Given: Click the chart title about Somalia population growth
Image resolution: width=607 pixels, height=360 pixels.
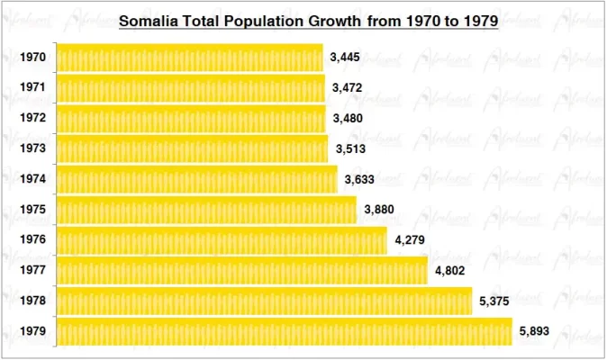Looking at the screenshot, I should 309,21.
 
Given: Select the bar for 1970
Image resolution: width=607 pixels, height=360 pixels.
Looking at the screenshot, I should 190,58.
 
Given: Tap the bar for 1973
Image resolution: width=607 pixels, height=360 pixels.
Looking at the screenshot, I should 193,149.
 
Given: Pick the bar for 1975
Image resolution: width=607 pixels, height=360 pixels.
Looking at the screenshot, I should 206,211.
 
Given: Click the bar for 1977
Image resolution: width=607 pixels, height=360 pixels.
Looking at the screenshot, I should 242,271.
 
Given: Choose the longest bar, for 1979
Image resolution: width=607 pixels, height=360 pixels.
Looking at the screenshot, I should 285,332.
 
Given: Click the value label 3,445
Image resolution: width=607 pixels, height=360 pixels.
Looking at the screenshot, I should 346,58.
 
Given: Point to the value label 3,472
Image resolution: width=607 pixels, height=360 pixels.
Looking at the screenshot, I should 348,88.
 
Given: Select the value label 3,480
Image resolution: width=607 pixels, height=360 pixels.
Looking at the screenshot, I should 349,119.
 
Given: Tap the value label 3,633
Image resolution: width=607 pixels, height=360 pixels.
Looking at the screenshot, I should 360,180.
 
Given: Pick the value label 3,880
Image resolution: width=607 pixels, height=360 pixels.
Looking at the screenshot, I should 379,211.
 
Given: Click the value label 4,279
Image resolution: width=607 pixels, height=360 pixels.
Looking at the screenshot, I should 410,240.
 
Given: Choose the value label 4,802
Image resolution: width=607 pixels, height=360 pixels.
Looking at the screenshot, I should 450,271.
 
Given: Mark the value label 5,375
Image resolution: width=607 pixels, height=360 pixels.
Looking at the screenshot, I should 495,301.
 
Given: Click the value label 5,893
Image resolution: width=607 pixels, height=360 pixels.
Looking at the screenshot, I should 535,332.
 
